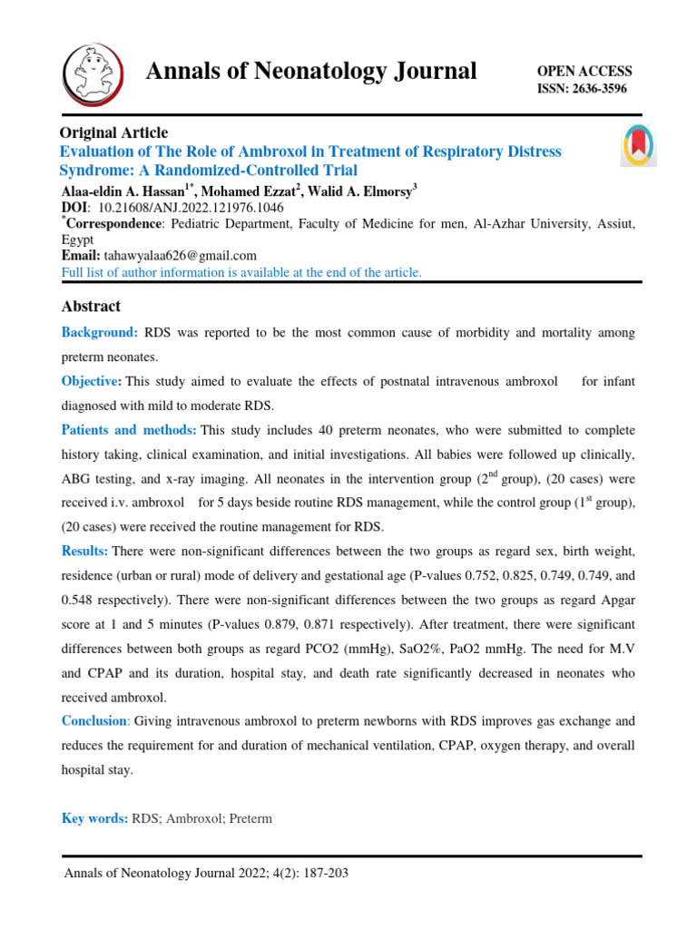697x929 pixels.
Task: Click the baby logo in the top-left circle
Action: click(x=93, y=72)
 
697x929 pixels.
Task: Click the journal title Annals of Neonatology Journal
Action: click(x=311, y=72)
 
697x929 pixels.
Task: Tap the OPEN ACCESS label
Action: click(x=584, y=71)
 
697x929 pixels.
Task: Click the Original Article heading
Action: click(x=113, y=132)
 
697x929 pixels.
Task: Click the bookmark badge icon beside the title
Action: click(x=637, y=144)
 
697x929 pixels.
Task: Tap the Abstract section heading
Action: click(x=91, y=306)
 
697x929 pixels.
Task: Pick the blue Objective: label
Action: click(x=91, y=381)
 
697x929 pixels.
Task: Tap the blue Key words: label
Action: click(x=94, y=818)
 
